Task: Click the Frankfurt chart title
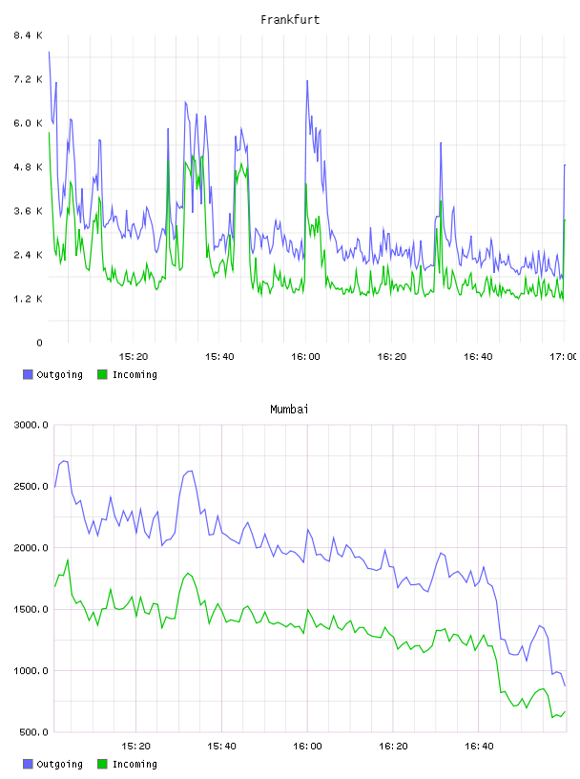[x=290, y=20]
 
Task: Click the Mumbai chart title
[x=289, y=410]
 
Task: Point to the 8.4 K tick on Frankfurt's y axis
[x=29, y=35]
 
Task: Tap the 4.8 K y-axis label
[x=29, y=167]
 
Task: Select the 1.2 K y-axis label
[x=29, y=299]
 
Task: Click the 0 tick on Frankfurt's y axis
[x=40, y=343]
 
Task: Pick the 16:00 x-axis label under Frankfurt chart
[x=305, y=356]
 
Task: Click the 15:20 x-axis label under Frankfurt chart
[x=134, y=356]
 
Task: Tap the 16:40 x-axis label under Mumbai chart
[x=479, y=746]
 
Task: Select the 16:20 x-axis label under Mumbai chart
[x=393, y=746]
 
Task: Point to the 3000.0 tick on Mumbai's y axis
[x=31, y=425]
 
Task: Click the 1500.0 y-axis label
[x=31, y=609]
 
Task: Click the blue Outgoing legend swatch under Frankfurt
[x=28, y=374]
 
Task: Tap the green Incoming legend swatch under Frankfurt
[x=102, y=374]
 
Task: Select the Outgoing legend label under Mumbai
[x=59, y=764]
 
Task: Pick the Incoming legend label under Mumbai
[x=135, y=764]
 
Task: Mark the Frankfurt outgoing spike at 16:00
[x=307, y=81]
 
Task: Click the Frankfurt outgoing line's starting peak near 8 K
[x=49, y=52]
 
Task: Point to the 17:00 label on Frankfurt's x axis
[x=564, y=356]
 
